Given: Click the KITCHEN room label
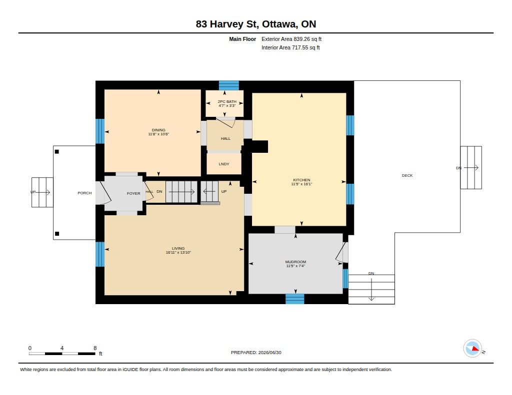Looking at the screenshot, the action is click(301, 180).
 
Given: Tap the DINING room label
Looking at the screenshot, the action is click(158, 130).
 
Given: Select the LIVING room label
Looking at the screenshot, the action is click(178, 248).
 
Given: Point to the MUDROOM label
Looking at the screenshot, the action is click(295, 262).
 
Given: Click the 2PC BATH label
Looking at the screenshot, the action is click(227, 101).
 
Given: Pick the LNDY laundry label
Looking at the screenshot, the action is click(224, 164).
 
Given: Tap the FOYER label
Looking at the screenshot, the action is click(133, 193).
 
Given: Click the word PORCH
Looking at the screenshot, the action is click(84, 193).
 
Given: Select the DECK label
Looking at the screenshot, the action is click(407, 175).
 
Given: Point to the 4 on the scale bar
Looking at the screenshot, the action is click(61, 348).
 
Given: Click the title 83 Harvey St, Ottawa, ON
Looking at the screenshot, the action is click(256, 24).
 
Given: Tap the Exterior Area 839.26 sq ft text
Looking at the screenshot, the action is click(291, 39).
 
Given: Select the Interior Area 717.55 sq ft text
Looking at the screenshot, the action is click(290, 47).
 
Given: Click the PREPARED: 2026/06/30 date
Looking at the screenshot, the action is click(256, 352).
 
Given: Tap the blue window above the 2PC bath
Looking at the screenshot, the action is click(228, 85).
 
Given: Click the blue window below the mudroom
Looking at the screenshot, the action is click(295, 299).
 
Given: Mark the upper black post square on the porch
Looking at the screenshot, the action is click(57, 152).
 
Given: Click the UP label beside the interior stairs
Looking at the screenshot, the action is click(224, 191).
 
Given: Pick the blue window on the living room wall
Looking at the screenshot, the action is click(100, 254).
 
